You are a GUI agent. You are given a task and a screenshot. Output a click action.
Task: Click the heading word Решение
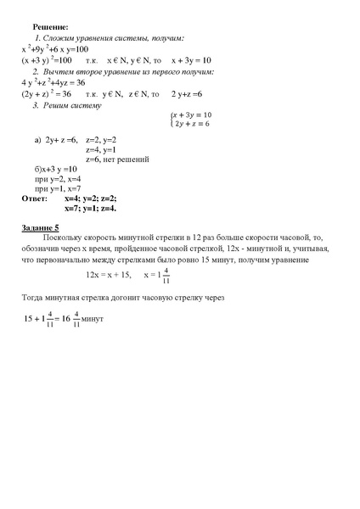[x=51, y=27]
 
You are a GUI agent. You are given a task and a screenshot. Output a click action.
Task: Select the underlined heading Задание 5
[x=40, y=228]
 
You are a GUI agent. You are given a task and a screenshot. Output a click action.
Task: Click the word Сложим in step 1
[x=62, y=39]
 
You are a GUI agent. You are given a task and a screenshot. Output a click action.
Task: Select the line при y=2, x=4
[x=59, y=179]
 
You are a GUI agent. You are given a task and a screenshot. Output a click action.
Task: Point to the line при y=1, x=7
[x=59, y=188]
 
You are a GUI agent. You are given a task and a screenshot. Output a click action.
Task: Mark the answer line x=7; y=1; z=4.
[x=102, y=208]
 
